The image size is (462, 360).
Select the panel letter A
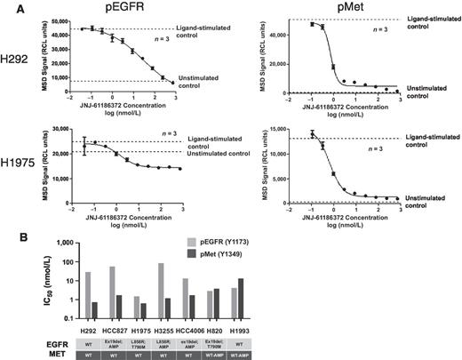click(7, 7)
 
